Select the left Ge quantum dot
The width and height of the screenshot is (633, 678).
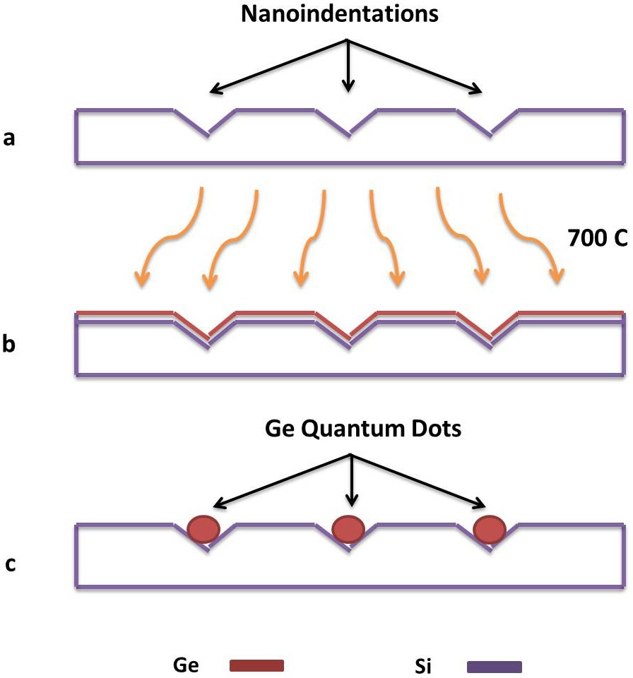pos(203,528)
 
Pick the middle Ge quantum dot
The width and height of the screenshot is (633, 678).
pos(348,528)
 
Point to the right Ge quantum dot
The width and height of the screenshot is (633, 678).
pos(490,528)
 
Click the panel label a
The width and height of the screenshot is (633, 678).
pos(9,138)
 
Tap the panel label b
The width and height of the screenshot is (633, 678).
pos(9,345)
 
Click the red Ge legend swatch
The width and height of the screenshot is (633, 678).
pos(257,665)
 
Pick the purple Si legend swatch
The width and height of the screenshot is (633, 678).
pos(495,666)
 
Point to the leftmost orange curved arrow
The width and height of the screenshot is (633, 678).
pos(169,237)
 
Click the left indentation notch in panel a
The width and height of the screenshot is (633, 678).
pos(207,123)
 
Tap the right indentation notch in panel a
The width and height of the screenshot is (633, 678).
pos(491,123)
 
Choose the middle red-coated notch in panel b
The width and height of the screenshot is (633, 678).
pos(349,328)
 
